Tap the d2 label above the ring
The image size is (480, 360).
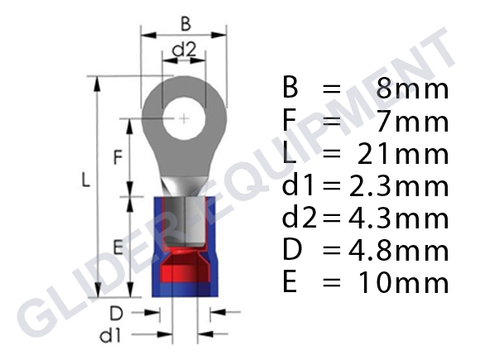click(x=183, y=51)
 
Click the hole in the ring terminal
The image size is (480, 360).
click(x=183, y=121)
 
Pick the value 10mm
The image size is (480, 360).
click(x=403, y=283)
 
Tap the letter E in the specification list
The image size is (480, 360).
click(x=289, y=283)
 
